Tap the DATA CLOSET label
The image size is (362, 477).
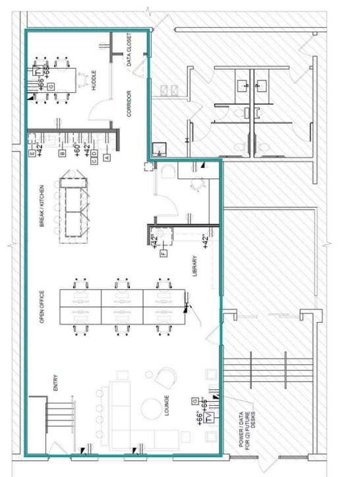coord(129,50)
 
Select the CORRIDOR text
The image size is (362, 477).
coord(129,104)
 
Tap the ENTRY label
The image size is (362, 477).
coord(55,383)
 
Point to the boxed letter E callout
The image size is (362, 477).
coord(32,154)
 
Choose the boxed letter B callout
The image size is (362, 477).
coord(62,154)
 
